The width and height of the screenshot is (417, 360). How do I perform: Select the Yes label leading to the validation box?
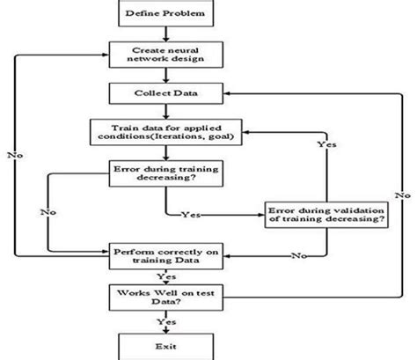[x=190, y=214]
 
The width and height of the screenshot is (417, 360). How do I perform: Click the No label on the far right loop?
[x=400, y=192]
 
